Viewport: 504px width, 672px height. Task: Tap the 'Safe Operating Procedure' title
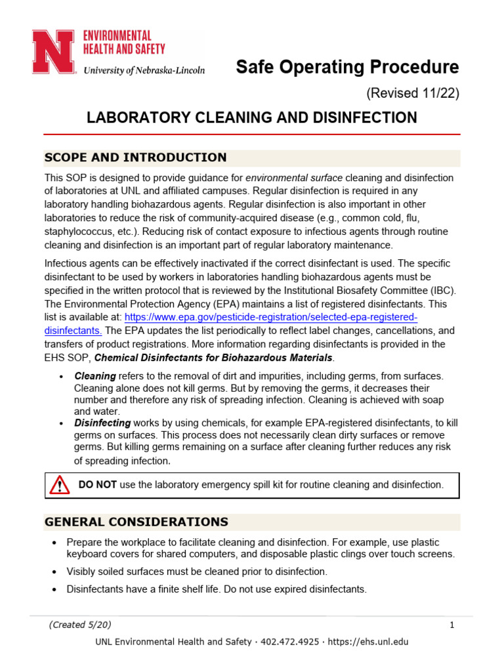[x=347, y=67]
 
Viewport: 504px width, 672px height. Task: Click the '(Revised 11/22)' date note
[x=412, y=93]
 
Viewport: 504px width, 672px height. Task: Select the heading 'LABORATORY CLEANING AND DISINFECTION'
[x=252, y=117]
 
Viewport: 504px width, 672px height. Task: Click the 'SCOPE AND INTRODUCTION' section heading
[x=135, y=157]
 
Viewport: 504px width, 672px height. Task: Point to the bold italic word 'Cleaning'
[x=95, y=376]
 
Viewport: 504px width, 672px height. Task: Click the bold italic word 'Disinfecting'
[x=102, y=423]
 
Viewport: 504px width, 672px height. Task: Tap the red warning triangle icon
[x=60, y=486]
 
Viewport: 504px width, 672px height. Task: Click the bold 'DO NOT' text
[x=97, y=485]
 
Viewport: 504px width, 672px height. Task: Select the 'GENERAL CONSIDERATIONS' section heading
[x=136, y=522]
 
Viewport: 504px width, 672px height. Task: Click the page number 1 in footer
[x=452, y=625]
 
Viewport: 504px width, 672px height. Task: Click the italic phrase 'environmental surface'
[x=294, y=178]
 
